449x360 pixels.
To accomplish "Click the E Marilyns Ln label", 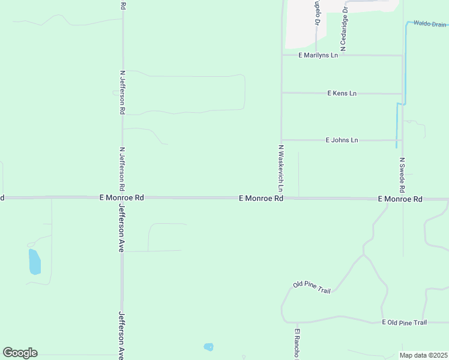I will (318, 55).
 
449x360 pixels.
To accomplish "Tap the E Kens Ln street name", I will (342, 93).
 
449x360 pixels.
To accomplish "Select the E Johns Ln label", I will (342, 140).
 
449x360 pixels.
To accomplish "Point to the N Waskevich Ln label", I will (280, 168).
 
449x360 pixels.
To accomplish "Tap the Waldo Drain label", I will (430, 24).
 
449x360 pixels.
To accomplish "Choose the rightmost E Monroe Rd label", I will (400, 199).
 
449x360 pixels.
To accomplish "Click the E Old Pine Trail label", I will (405, 322).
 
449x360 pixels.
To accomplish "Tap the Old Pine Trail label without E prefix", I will (312, 287).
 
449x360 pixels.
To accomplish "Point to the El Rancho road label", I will (297, 343).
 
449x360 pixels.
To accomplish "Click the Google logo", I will (20, 352).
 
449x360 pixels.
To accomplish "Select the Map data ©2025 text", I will (423, 355).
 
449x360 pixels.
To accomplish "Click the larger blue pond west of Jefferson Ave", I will (34, 262).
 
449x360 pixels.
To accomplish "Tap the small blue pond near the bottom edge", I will (208, 347).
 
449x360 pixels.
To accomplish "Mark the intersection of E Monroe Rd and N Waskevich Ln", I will (282, 197).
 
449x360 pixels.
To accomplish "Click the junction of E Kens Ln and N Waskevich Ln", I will (282, 93).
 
